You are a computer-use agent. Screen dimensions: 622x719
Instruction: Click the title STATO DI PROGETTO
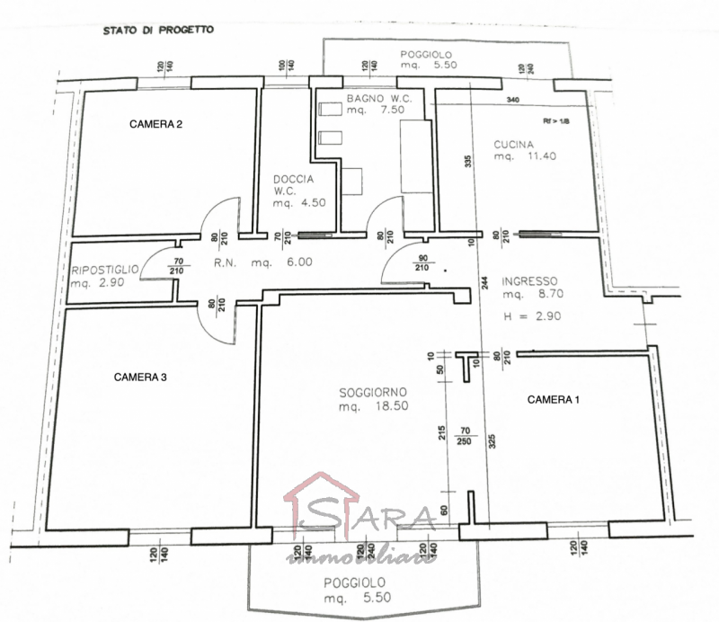pyautogui.click(x=157, y=29)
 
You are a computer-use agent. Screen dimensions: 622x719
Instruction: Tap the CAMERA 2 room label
pyautogui.click(x=156, y=124)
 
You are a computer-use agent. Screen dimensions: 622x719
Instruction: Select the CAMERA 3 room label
pyautogui.click(x=140, y=378)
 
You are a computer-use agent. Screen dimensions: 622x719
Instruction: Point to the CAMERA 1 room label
pyautogui.click(x=553, y=399)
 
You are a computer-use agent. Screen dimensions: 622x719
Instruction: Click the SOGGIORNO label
pyautogui.click(x=373, y=392)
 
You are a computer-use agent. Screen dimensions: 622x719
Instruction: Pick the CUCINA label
pyautogui.click(x=513, y=144)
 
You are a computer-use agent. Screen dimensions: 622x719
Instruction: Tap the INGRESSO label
pyautogui.click(x=530, y=280)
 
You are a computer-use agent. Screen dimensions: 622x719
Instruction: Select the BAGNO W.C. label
pyautogui.click(x=379, y=97)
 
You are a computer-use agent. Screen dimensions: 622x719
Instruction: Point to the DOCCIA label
pyautogui.click(x=294, y=179)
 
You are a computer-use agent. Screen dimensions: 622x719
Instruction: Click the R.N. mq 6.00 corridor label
pyautogui.click(x=262, y=262)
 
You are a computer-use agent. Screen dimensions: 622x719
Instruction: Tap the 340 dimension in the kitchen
pyautogui.click(x=513, y=100)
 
